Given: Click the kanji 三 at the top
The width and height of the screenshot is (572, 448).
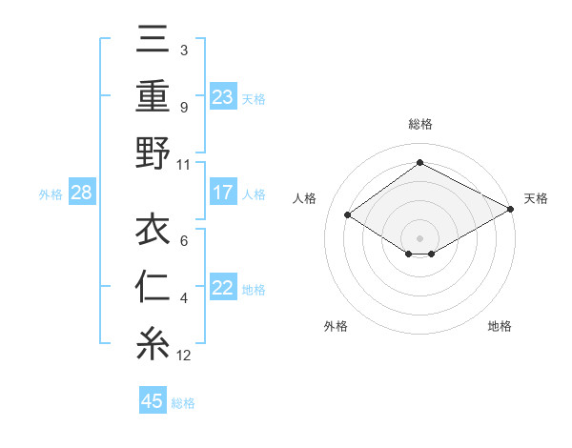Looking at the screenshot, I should tap(153, 43).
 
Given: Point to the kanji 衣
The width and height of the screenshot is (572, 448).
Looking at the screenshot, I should tap(153, 232).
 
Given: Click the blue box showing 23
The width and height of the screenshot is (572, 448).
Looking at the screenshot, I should tap(223, 96).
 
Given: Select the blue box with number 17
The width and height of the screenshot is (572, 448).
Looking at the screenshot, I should tap(223, 193).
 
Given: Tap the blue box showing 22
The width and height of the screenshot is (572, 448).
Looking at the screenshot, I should tap(223, 288).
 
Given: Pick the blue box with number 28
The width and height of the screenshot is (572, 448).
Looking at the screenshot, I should tap(82, 193).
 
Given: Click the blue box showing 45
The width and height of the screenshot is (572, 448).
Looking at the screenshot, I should tap(153, 401).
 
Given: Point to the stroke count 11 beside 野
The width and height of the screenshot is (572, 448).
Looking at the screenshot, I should tap(184, 164).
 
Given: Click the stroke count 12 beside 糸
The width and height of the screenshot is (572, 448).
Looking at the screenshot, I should tap(184, 356).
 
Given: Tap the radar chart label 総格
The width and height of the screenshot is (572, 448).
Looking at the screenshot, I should tap(419, 124).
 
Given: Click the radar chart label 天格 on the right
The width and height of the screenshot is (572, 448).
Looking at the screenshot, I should tap(536, 198).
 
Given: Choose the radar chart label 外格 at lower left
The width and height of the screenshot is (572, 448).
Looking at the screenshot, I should tap(336, 326).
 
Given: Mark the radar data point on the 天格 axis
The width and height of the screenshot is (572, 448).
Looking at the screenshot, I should tap(511, 210).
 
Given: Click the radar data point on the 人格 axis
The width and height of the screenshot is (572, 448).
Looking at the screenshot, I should tap(348, 215).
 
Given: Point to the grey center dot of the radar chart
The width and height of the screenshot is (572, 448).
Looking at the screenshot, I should tap(419, 236).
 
